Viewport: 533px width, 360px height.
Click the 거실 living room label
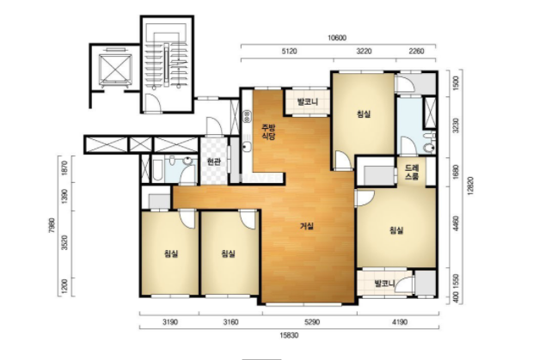[307, 226]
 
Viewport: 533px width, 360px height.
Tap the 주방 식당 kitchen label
[268, 131]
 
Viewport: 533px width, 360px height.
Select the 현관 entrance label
[214, 162]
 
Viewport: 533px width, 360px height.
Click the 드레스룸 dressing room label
[412, 173]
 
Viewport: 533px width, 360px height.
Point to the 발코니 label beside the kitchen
[308, 101]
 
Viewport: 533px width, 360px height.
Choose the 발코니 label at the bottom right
[384, 283]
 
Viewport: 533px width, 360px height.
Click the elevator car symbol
[115, 69]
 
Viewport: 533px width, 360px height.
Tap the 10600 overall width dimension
[337, 38]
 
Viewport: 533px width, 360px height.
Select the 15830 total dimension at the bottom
[289, 335]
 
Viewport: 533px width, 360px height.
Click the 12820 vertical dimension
[470, 186]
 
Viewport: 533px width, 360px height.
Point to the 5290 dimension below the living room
[312, 321]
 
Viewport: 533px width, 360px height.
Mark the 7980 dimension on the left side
[52, 225]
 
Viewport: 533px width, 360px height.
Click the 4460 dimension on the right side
[456, 223]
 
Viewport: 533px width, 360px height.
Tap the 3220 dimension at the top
[364, 51]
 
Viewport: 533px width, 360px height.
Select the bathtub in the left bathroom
[157, 170]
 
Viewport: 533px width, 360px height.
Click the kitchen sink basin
[247, 147]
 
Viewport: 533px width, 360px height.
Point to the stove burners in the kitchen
[247, 117]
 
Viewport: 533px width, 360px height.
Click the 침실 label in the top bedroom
[364, 113]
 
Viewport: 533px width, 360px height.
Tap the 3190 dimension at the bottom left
[169, 321]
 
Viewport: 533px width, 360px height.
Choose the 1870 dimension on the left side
[65, 167]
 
